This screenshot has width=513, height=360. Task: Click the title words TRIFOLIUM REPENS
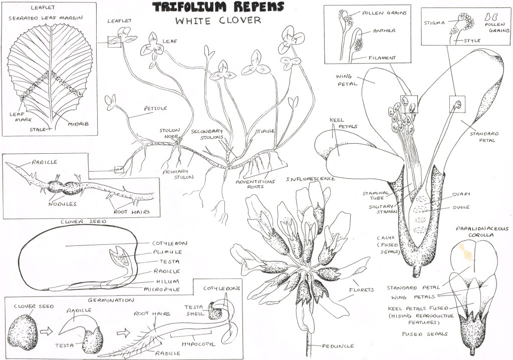218,7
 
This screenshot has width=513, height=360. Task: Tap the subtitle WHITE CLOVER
218,21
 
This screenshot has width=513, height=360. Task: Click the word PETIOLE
155,108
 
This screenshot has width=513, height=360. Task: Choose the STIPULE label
265,131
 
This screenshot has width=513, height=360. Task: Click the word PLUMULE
167,252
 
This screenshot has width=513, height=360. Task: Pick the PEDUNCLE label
338,345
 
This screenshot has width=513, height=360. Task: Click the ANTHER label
384,31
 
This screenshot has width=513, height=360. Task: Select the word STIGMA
434,23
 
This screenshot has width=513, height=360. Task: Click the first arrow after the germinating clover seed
47,331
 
